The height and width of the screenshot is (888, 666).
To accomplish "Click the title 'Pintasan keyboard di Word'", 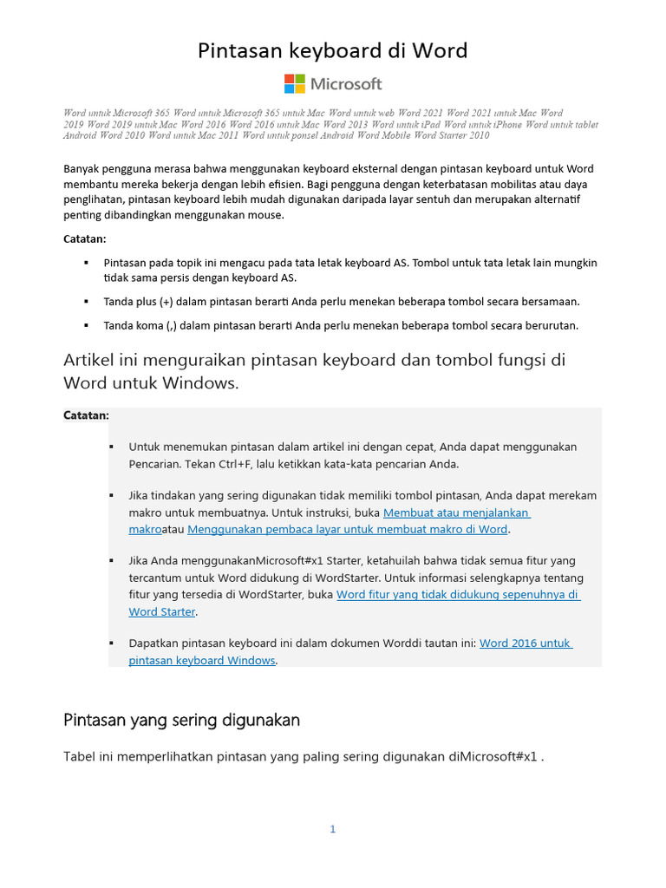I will pos(333,51).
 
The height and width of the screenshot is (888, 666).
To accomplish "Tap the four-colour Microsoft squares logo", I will pos(295,84).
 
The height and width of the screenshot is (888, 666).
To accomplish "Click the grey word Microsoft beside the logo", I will pos(346,84).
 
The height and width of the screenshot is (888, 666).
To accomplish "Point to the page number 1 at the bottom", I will pos(332,829).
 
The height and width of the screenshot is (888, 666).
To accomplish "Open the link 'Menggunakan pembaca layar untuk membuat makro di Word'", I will pos(347,529).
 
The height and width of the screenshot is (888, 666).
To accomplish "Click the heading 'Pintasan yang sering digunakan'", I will pos(182,720).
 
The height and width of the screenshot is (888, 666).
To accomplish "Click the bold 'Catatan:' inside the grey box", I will pos(87,415).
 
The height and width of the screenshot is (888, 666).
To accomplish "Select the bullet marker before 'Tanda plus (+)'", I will pos(86,301).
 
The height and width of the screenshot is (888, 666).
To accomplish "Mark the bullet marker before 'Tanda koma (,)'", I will pos(86,325).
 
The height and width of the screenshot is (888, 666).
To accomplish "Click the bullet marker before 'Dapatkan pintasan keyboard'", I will pos(111,643).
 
